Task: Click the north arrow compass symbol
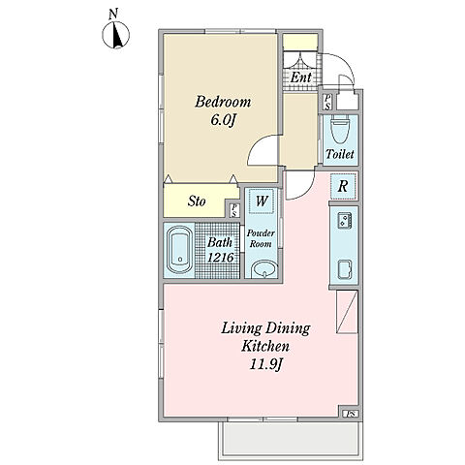[x=116, y=35]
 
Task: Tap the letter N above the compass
[x=113, y=15]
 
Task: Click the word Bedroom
[x=223, y=102]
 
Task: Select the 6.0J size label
[x=223, y=120]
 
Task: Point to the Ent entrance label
[x=300, y=77]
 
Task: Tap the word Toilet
[x=340, y=154]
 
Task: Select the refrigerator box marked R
[x=343, y=186]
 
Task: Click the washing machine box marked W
[x=262, y=201]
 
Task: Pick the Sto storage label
[x=197, y=201]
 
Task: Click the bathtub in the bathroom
[x=179, y=250]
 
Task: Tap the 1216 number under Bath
[x=221, y=258]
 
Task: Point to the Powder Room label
[x=261, y=238]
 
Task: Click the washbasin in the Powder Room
[x=264, y=269]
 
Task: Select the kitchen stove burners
[x=344, y=221]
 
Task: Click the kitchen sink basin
[x=345, y=269]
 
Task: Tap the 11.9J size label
[x=266, y=365]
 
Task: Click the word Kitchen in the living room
[x=265, y=347]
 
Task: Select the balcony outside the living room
[x=290, y=439]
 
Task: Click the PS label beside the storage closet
[x=234, y=210]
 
